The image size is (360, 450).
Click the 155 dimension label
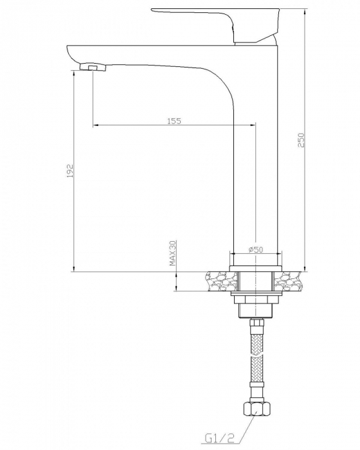point(174,121)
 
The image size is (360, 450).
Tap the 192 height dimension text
point(70,171)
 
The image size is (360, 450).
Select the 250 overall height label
point(301,140)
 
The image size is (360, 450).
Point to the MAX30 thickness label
point(172,253)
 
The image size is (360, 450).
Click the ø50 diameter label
point(256,249)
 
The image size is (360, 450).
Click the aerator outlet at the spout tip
point(93,67)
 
